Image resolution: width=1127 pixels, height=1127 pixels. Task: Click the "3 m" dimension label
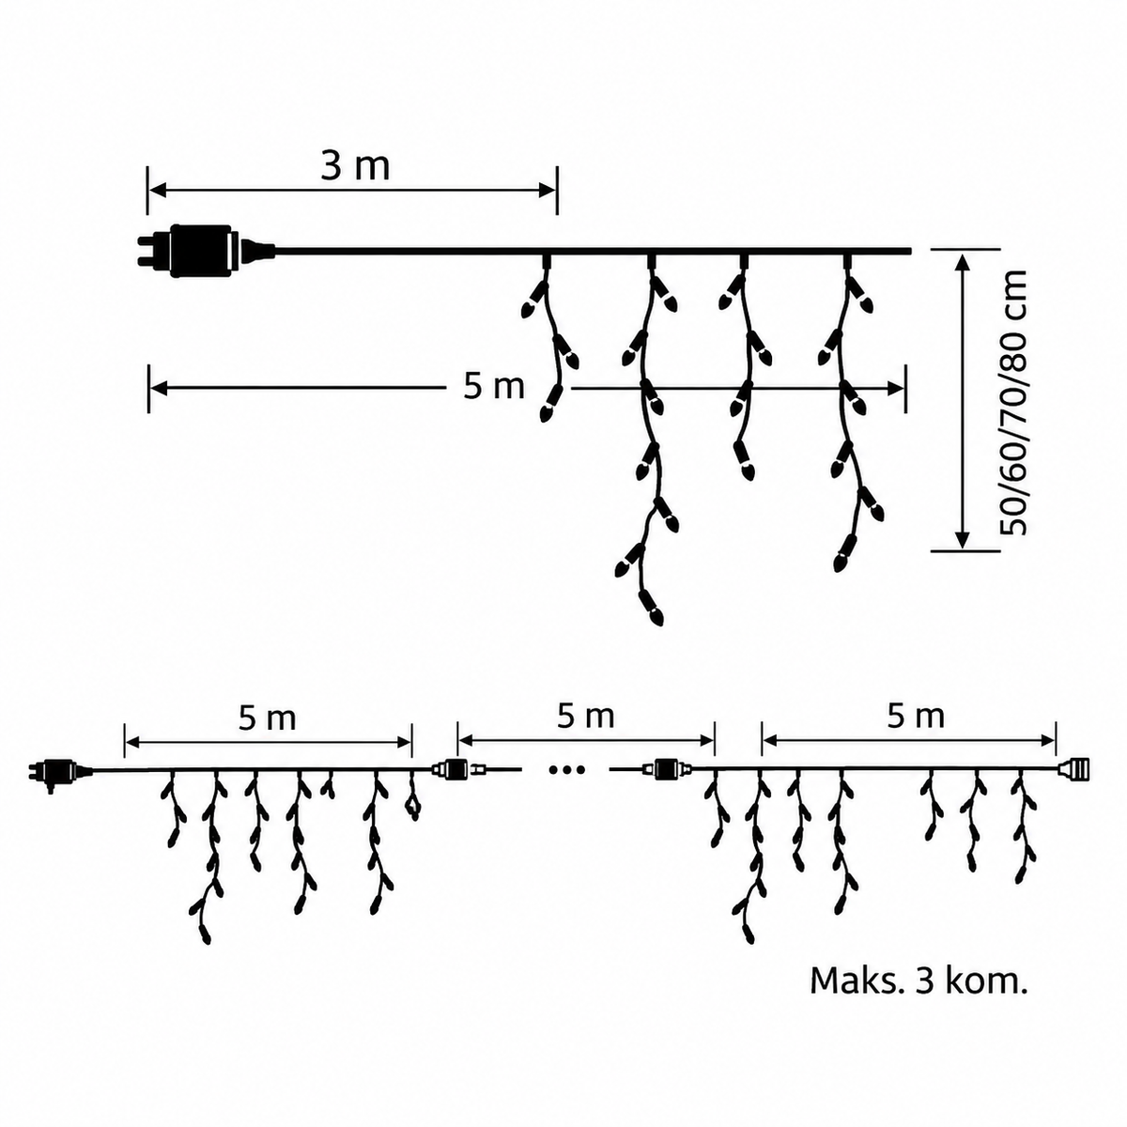point(355,167)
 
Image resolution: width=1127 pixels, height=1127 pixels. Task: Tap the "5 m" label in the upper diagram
point(494,387)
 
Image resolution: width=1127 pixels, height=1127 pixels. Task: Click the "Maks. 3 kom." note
point(919,981)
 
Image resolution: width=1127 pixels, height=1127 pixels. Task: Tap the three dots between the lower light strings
point(566,770)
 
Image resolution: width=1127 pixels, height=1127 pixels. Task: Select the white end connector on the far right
point(1073,768)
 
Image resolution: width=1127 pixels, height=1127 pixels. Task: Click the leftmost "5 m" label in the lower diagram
point(268,718)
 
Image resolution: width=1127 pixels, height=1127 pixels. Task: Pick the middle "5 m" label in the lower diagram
point(585,717)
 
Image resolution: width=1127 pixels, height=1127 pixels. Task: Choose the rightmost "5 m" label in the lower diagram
point(916,717)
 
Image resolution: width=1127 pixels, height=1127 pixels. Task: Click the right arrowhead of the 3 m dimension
point(547,190)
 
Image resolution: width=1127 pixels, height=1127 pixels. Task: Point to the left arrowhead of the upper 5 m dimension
point(159,388)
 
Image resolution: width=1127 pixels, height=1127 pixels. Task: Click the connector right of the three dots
point(667,768)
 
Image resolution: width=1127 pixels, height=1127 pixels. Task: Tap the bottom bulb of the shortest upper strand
point(549,404)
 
